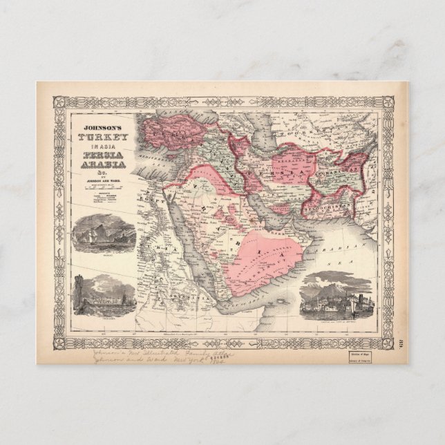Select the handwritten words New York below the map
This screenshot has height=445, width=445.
pos(189,360)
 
